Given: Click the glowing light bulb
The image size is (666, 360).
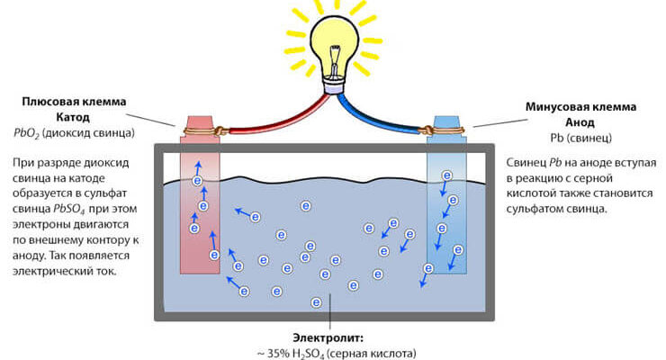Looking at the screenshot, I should [332, 41].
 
